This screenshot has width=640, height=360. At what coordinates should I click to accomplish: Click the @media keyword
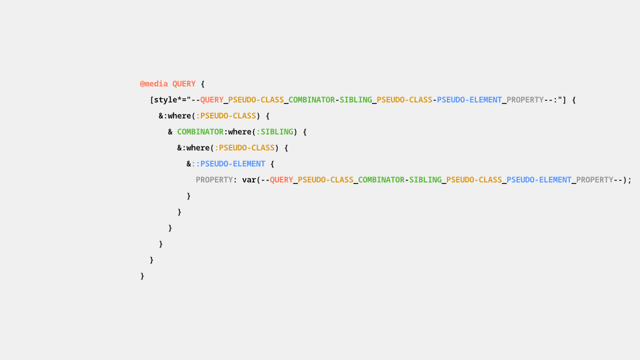[153, 84]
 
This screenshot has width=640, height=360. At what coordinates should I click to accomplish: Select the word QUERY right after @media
[183, 84]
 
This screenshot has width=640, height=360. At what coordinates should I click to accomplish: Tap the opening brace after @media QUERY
[202, 84]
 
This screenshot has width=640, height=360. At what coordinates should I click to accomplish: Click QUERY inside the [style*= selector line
[211, 100]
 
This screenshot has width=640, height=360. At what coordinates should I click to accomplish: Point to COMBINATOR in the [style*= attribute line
[311, 100]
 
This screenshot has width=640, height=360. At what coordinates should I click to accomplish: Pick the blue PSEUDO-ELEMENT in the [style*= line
[469, 100]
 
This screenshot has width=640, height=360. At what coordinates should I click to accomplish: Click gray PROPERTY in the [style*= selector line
[525, 100]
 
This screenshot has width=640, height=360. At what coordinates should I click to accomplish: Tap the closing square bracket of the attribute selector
[564, 100]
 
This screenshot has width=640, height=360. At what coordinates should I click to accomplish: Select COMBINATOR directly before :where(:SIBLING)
[200, 132]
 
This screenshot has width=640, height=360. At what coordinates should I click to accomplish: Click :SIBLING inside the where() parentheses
[275, 132]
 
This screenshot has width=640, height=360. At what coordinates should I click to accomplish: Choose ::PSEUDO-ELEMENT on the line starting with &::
[228, 164]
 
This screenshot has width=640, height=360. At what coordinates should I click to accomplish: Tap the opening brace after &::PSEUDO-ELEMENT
[272, 164]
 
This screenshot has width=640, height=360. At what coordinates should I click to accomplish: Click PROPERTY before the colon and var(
[214, 180]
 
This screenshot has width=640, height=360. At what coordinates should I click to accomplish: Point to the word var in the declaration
[249, 180]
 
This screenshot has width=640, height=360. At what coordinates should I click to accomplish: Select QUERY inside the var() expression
[281, 180]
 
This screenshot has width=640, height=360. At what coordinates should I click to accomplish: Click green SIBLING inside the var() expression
[425, 180]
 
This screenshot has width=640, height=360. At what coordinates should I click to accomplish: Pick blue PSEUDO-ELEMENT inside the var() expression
[539, 180]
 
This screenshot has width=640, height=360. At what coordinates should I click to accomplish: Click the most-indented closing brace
[188, 196]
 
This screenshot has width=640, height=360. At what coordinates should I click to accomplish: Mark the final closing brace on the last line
[142, 276]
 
